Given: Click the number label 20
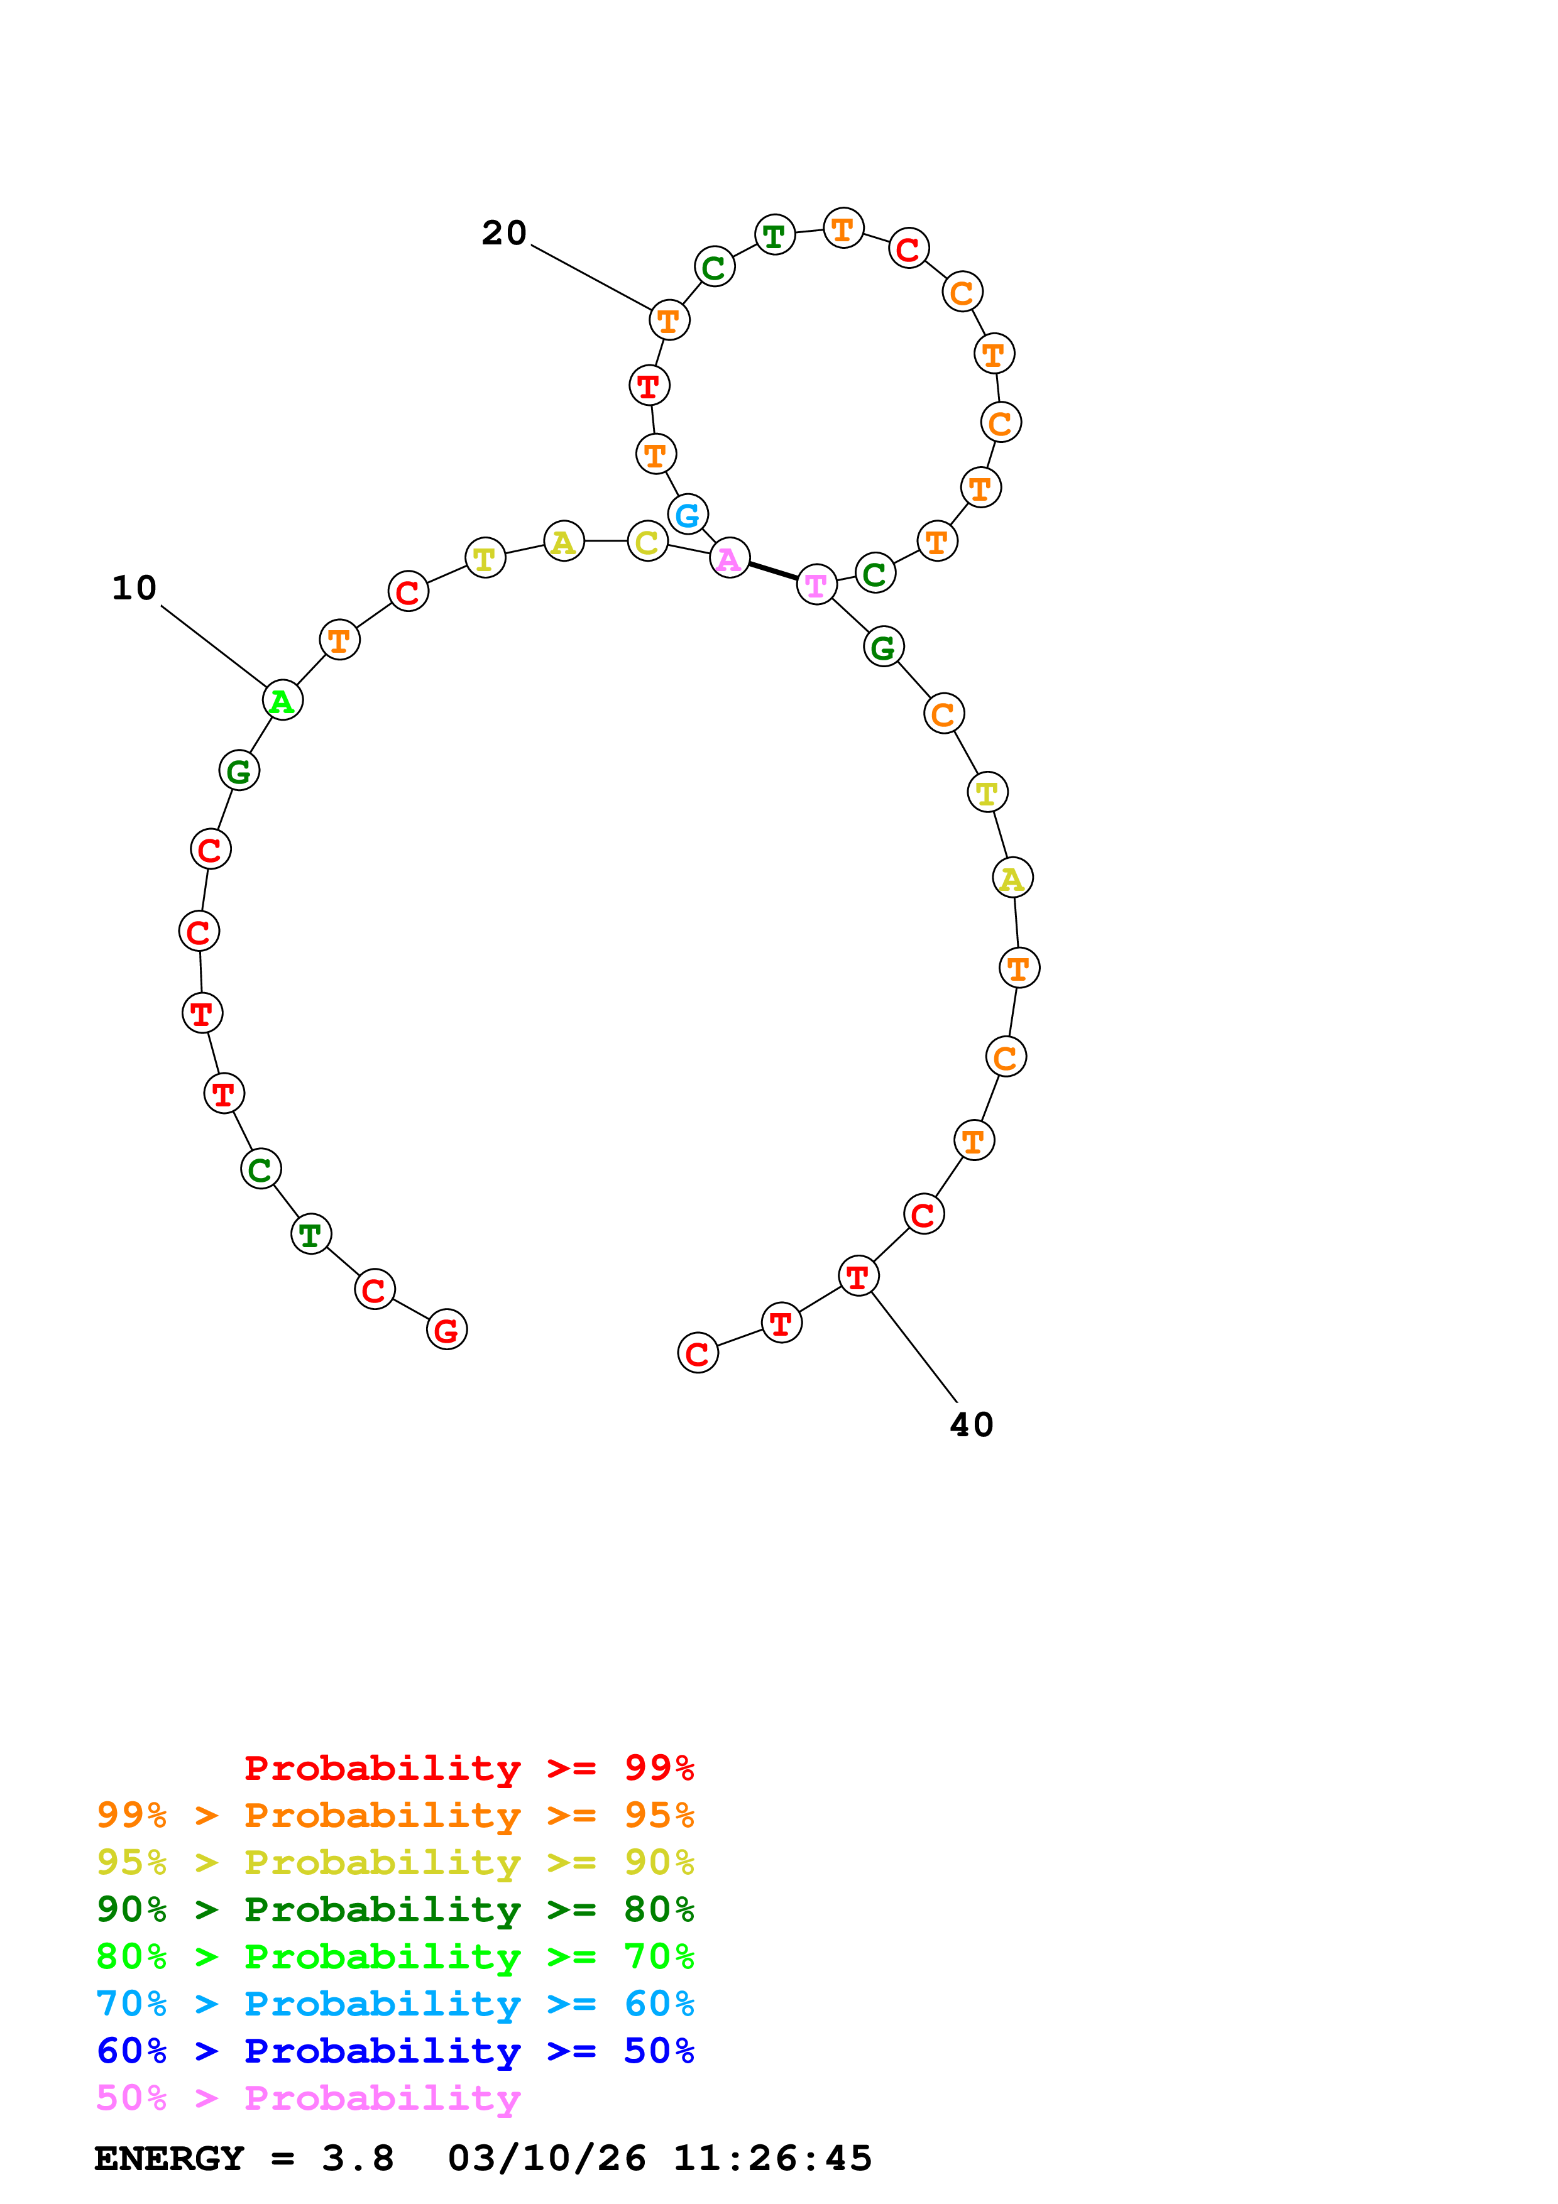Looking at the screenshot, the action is pyautogui.click(x=504, y=232).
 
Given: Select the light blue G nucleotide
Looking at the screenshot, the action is pyautogui.click(x=688, y=515).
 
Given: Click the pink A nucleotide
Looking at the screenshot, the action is pyautogui.click(x=730, y=558).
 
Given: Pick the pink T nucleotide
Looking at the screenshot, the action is pyautogui.click(x=816, y=584).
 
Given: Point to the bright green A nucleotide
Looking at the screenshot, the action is pyautogui.click(x=282, y=701).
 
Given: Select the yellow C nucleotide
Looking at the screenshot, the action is pyautogui.click(x=648, y=542).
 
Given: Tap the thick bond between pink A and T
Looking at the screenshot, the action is pyautogui.click(x=773, y=571).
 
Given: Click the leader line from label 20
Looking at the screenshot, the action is pyautogui.click(x=590, y=278).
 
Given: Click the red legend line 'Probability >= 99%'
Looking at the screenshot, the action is pyautogui.click(x=468, y=1767).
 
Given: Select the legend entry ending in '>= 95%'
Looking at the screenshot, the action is pyautogui.click(x=395, y=1814).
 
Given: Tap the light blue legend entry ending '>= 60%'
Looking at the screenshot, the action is pyautogui.click(x=395, y=2004).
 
